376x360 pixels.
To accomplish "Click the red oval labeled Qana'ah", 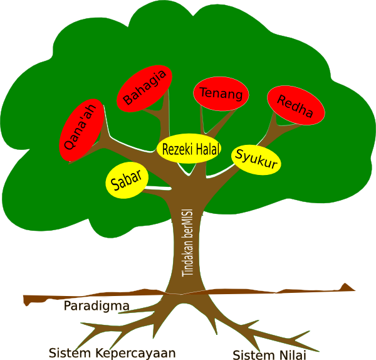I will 82,129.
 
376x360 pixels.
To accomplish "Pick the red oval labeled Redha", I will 296,106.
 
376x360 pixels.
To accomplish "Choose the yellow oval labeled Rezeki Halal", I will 189,149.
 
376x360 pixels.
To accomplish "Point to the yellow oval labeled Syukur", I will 256,160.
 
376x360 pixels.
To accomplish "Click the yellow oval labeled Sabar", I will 127,181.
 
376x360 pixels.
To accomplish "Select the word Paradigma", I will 97,306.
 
